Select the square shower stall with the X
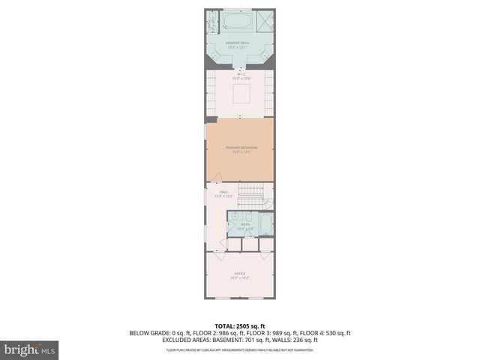[266, 20]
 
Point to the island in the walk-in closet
[240, 94]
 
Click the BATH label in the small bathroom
[246, 224]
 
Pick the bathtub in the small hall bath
[265, 224]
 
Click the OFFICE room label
[240, 274]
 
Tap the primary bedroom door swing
[217, 178]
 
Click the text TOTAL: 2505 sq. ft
[240, 326]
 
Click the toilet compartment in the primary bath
[211, 23]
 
